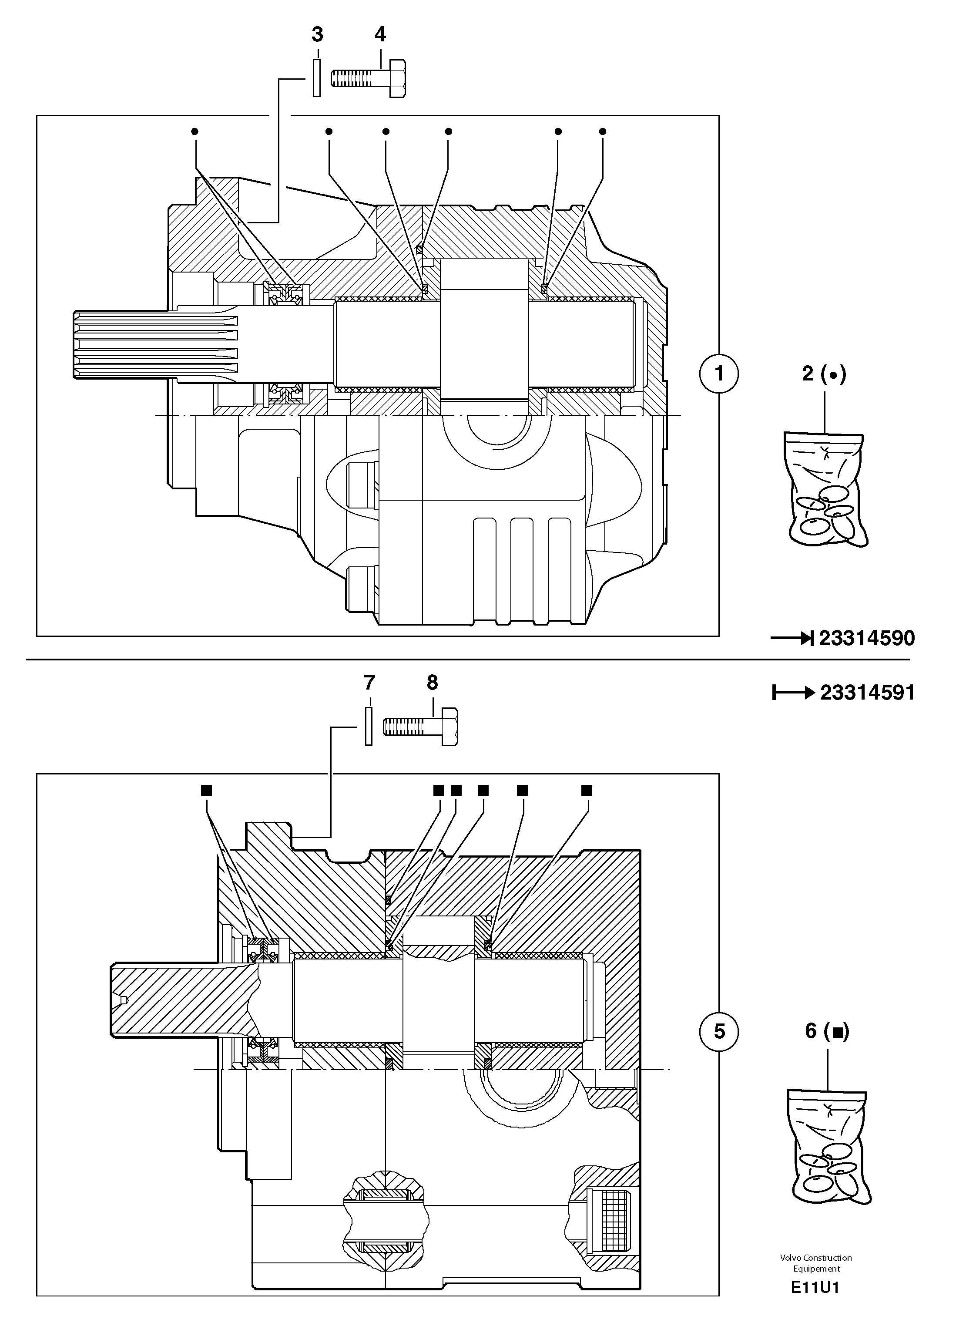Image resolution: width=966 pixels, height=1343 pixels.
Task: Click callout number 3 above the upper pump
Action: pos(317,35)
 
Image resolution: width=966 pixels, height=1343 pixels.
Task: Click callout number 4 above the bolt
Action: pos(380,34)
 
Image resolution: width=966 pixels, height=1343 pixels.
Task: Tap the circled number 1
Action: pos(718,374)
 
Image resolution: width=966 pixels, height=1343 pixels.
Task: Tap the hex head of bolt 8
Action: pos(449,727)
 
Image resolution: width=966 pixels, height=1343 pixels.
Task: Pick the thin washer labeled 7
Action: pos(368,727)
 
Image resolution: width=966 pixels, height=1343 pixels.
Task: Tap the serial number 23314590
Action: pos(866,638)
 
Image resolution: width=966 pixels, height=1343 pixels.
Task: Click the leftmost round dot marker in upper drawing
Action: pos(195,131)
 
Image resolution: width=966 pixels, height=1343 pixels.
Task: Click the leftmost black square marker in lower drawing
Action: pos(206,790)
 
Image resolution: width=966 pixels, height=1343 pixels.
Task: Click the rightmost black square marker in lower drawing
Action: pos(587,790)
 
